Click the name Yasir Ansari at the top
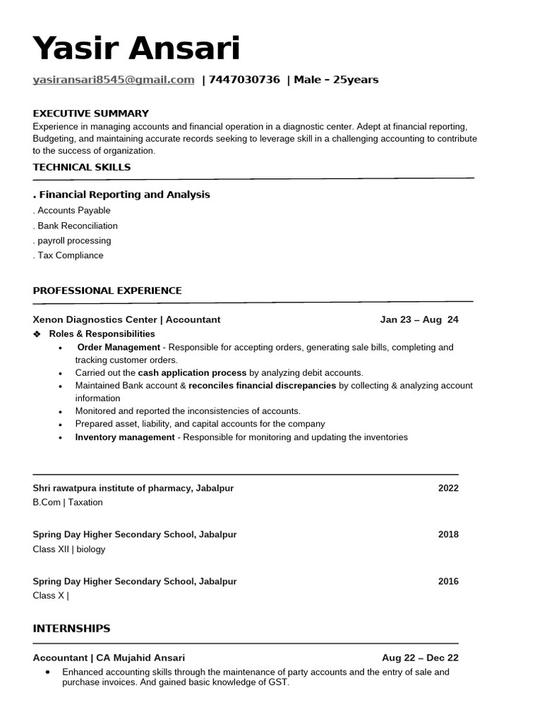coord(136,49)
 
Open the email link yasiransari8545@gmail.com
coord(114,80)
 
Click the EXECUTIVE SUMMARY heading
coord(91,113)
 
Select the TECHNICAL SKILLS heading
coord(82,167)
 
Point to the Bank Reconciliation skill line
coord(76,226)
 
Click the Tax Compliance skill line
coord(69,255)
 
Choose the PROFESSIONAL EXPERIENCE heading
coord(107,290)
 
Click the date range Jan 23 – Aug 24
coord(419,319)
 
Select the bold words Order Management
coord(119,348)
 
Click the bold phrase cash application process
coord(192,372)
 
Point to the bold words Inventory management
coord(125,437)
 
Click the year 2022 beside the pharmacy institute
coord(448,488)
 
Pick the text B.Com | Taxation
coord(68,502)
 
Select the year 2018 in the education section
coord(448,534)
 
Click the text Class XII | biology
coord(69,549)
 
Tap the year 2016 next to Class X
coord(448,582)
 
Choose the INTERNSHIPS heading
coord(71,628)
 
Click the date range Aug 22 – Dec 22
coord(420,658)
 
